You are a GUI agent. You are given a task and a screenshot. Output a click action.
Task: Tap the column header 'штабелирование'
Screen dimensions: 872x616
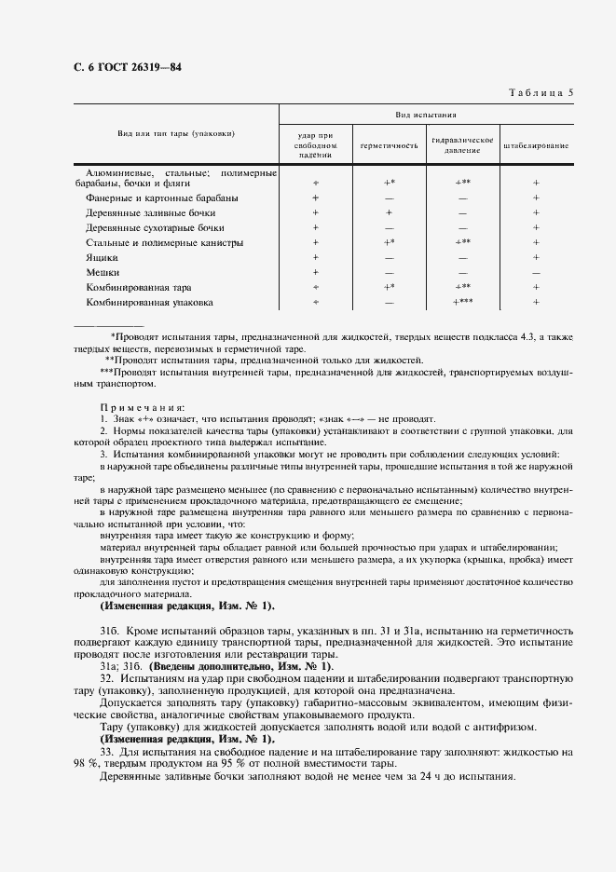536,146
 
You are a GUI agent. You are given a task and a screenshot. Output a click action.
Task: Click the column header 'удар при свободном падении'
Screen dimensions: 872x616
315,145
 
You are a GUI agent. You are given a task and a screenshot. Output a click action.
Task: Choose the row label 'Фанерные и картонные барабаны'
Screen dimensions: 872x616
161,198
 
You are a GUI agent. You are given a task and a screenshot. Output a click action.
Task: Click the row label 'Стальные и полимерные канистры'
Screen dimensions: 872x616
164,243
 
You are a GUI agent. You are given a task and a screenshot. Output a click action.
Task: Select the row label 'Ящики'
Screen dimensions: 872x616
102,257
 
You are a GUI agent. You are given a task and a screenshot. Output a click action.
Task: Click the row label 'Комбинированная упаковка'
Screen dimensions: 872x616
149,303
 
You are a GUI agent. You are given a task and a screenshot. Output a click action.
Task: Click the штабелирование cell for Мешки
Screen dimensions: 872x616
536,272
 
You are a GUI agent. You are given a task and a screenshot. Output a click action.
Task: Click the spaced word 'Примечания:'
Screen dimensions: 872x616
143,407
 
